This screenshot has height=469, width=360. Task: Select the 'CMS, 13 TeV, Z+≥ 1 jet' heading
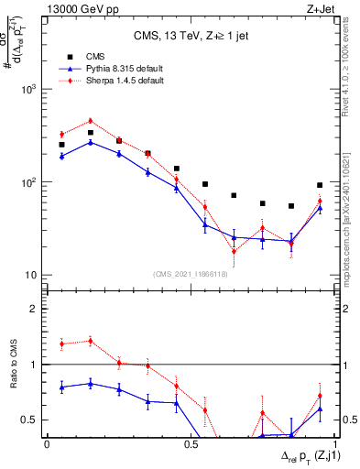[x=191, y=37]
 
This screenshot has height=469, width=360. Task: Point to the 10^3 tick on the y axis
[x=31, y=90]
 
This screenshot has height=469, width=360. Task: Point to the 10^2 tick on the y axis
[x=31, y=182]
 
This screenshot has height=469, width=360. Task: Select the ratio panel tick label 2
[x=36, y=309]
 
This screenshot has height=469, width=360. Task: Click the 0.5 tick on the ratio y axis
[x=31, y=420]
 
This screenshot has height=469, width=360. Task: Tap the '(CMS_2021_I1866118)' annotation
[x=191, y=274]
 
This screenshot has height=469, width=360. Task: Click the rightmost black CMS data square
[x=320, y=185]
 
